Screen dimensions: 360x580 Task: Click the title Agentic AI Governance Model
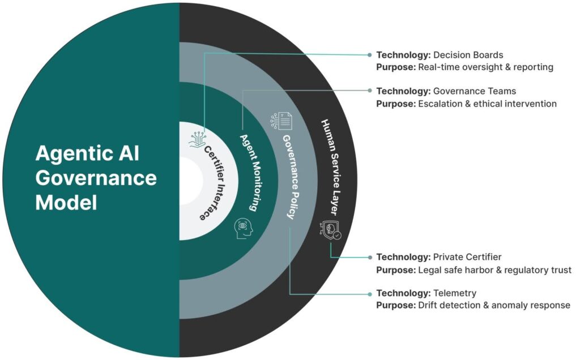[x=96, y=177]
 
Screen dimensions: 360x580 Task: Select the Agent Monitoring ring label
[x=249, y=173]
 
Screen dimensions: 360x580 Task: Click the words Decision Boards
[x=468, y=55]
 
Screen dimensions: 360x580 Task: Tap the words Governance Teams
[x=474, y=91]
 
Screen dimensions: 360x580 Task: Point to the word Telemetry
[x=454, y=293]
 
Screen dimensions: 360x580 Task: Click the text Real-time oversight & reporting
[x=485, y=67]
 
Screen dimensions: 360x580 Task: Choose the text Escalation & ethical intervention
[x=487, y=103]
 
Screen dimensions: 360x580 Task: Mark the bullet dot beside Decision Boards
[x=370, y=55]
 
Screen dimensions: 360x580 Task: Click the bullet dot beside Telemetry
[x=370, y=293]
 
